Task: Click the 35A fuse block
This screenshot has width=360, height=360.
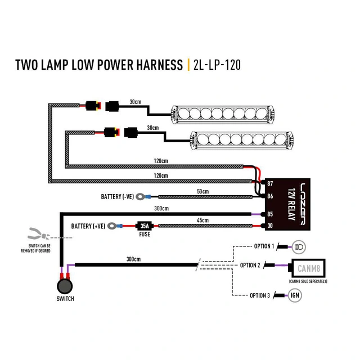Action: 143,226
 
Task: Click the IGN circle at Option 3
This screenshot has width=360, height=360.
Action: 295,295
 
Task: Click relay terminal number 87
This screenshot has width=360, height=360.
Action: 269,184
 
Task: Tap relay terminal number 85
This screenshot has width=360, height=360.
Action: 269,214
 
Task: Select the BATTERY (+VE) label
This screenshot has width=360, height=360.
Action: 88,226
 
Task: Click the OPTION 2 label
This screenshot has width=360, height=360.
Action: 250,265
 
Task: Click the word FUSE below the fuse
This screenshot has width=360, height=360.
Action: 143,235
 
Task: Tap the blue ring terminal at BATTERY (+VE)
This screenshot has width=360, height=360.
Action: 114,226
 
